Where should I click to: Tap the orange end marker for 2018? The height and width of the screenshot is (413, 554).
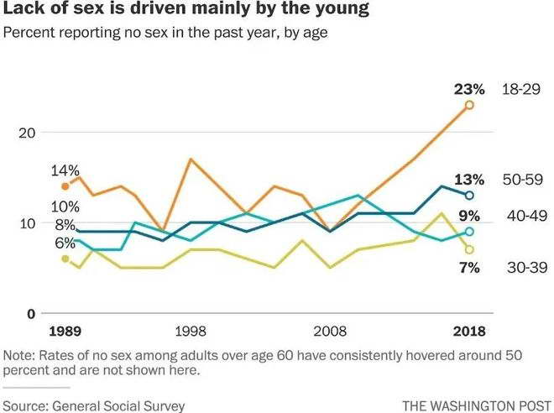(x=469, y=105)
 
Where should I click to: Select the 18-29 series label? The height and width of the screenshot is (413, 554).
(x=518, y=88)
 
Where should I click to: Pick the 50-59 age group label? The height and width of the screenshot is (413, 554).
(x=518, y=180)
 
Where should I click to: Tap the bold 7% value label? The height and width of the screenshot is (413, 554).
(x=468, y=267)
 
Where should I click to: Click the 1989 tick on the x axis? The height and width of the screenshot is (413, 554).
(x=65, y=331)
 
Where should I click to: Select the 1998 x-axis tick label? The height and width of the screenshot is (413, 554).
(x=191, y=331)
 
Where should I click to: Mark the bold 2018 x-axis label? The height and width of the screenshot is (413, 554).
(x=469, y=331)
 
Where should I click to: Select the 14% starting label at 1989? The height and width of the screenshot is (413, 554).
(x=65, y=170)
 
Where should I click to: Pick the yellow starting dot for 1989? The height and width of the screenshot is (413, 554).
(x=65, y=259)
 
